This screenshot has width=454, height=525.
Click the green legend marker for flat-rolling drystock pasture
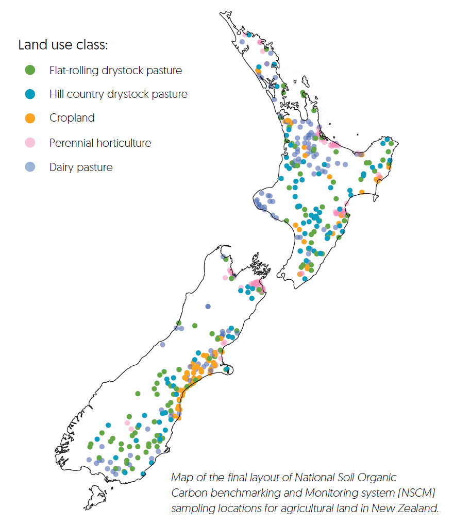(x=30, y=70)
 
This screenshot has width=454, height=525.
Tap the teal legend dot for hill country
(x=30, y=94)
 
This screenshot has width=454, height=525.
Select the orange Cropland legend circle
(x=30, y=118)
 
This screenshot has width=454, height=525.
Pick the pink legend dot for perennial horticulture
(x=30, y=142)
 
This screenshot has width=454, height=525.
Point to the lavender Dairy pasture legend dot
(x=30, y=167)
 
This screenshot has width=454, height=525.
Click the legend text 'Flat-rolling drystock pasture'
(x=115, y=70)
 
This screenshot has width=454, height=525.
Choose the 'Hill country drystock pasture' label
(x=118, y=94)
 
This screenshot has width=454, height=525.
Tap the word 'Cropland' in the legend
(x=72, y=118)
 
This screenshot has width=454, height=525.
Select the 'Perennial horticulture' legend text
(x=100, y=143)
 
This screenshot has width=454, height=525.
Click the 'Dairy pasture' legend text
(x=80, y=167)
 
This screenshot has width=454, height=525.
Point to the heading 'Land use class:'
(x=63, y=45)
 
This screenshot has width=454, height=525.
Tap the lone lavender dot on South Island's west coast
(x=162, y=345)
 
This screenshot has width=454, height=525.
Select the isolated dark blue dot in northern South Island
(x=208, y=307)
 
